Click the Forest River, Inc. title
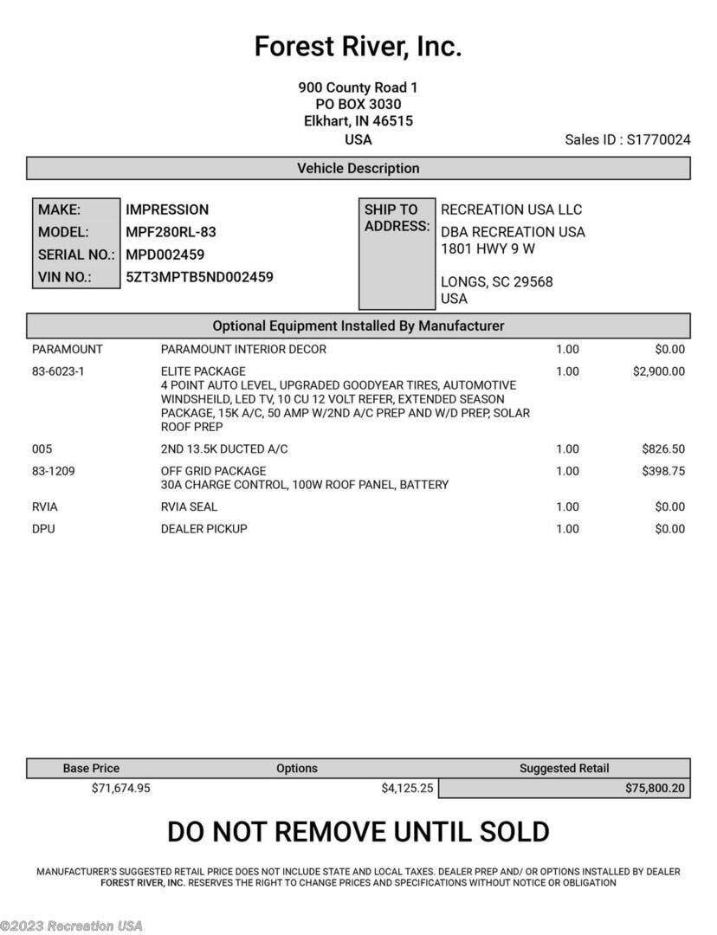(x=358, y=47)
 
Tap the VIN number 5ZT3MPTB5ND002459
(x=199, y=278)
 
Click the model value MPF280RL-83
(x=171, y=232)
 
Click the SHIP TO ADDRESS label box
(x=397, y=253)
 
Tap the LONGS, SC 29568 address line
(x=496, y=282)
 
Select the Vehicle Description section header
(x=358, y=169)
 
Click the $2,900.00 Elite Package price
(x=658, y=371)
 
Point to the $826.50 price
(x=662, y=449)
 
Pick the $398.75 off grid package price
(x=662, y=471)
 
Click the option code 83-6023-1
(x=58, y=371)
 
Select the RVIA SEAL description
(x=189, y=507)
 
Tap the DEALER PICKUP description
(x=203, y=529)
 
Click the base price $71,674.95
(x=120, y=789)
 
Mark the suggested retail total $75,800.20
(x=654, y=789)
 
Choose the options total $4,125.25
(x=407, y=789)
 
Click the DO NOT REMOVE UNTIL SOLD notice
(x=358, y=832)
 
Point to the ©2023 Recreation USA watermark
(x=72, y=925)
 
